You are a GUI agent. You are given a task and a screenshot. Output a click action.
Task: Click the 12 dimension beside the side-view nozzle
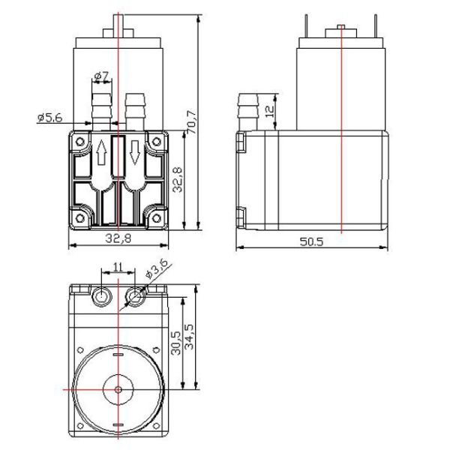point(270,112)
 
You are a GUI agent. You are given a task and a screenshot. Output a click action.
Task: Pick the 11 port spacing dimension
point(118,266)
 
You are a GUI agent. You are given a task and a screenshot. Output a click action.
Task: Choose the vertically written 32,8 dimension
point(177,181)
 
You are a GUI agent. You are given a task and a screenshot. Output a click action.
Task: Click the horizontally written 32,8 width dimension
point(118,239)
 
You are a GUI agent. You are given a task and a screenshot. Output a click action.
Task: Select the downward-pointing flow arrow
point(134,153)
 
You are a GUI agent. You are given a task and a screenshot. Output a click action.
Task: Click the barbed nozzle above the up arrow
point(101,111)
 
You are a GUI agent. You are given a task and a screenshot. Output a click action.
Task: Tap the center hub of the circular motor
point(118,390)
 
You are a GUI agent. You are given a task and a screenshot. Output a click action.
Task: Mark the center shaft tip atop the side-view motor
point(341,28)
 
